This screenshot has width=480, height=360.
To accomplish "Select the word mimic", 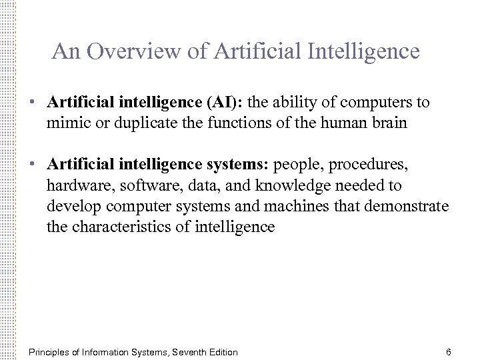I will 66,123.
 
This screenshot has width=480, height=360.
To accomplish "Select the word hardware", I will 74,186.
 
